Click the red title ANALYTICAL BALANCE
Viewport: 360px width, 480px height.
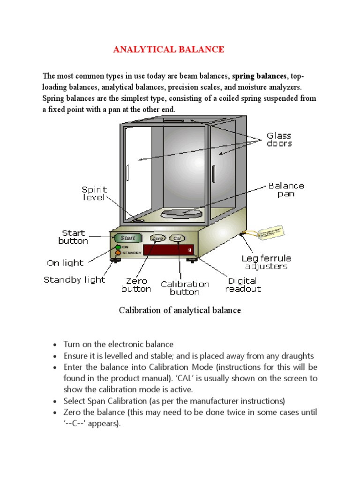click(x=168, y=50)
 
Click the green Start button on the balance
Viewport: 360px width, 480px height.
click(x=127, y=238)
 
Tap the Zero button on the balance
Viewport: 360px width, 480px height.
click(x=158, y=239)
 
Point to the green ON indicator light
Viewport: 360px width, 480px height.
click(x=113, y=247)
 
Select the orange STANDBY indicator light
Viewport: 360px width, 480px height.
click(x=113, y=253)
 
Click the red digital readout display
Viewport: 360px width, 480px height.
click(x=168, y=250)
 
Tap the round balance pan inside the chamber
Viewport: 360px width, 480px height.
click(x=181, y=214)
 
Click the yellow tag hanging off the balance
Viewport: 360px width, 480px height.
click(x=271, y=232)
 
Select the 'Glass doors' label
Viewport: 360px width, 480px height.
click(x=279, y=140)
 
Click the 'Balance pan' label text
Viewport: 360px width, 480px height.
click(x=286, y=189)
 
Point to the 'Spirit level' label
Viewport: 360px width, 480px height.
click(x=94, y=194)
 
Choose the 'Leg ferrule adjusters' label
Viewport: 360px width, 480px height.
click(x=266, y=262)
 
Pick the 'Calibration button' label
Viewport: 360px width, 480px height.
click(x=185, y=288)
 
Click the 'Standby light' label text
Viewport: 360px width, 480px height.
click(x=75, y=280)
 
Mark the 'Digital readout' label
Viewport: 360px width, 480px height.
click(x=243, y=285)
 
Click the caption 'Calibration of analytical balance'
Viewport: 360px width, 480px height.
click(x=180, y=310)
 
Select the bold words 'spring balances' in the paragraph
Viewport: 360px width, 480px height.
click(x=259, y=76)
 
